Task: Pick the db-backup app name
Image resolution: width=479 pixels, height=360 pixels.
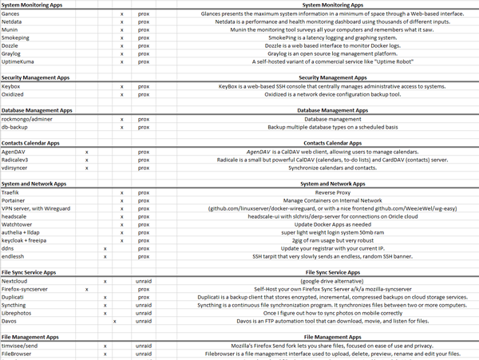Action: (14, 127)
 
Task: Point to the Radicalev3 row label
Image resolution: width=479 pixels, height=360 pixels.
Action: (16, 159)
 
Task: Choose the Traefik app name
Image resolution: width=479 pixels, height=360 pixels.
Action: (10, 192)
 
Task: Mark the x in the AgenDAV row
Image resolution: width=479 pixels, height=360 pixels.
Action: (86, 151)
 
